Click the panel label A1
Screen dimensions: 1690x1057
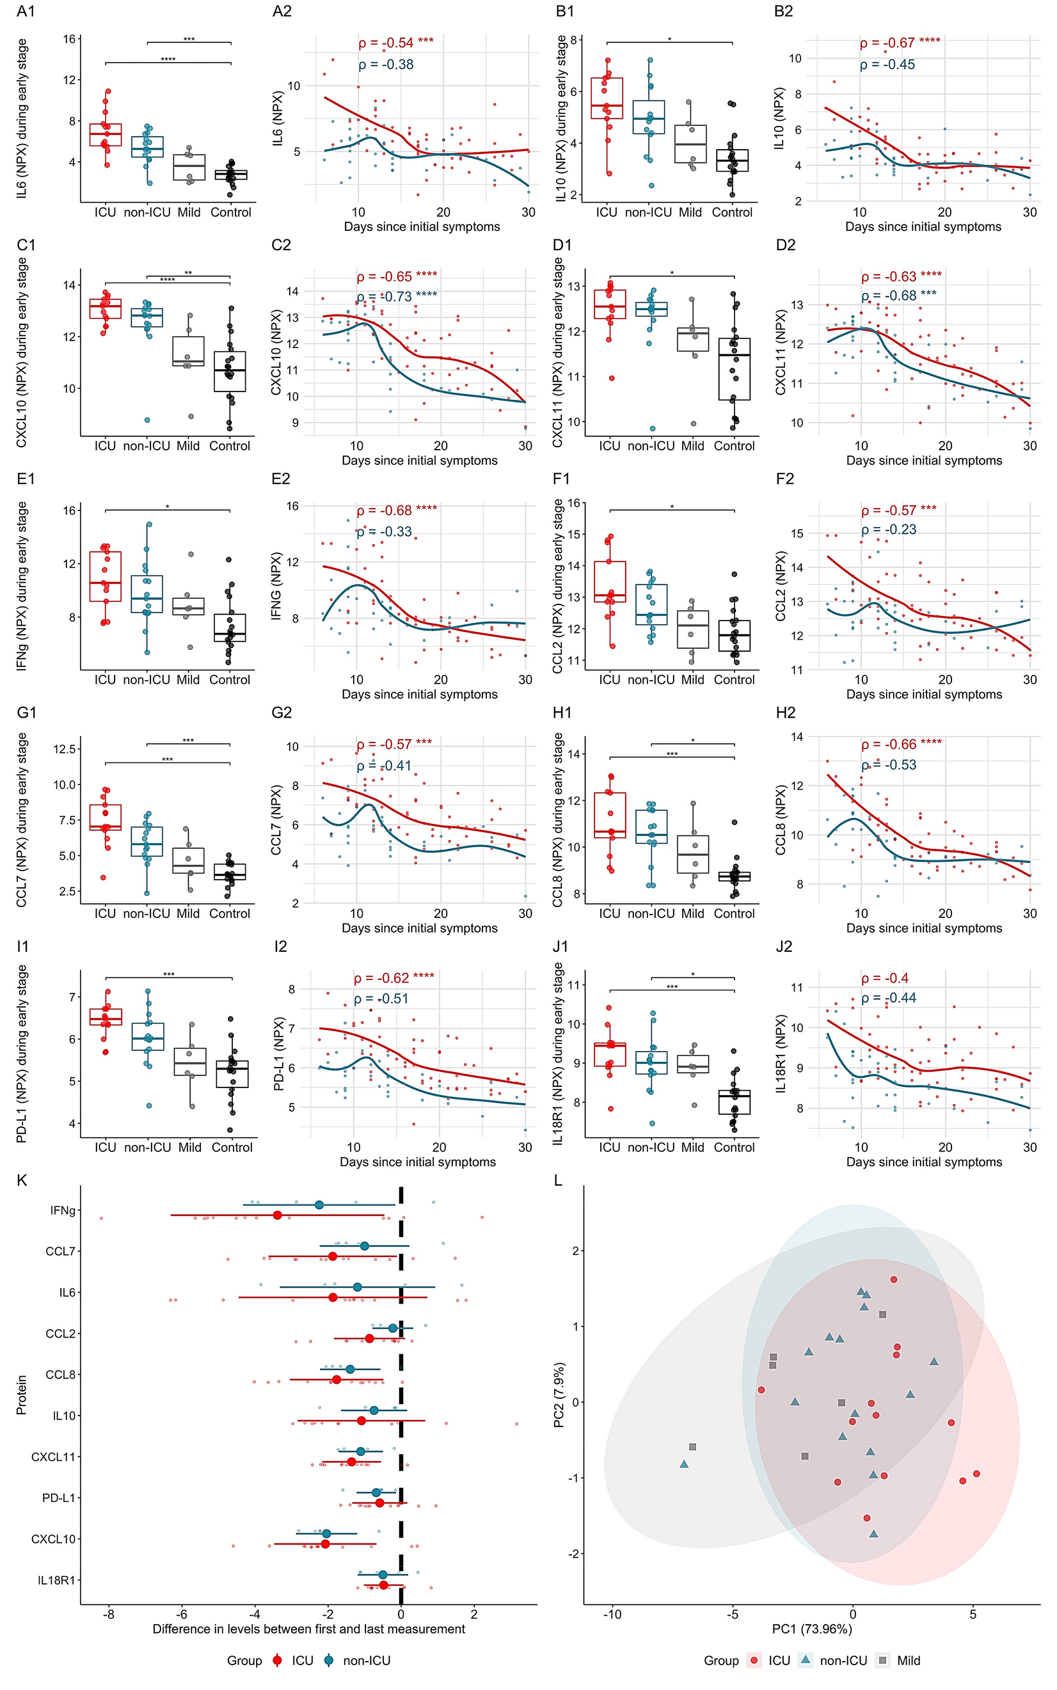click(26, 11)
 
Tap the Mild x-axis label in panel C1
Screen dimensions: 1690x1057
click(188, 446)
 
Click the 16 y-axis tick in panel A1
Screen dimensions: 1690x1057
click(69, 39)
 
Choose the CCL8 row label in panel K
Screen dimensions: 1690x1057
click(60, 1375)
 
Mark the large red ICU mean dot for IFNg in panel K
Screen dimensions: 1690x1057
click(278, 1215)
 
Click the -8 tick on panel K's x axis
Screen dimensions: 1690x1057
click(108, 1615)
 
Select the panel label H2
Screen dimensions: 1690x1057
click(785, 712)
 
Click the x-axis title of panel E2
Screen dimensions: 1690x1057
click(420, 695)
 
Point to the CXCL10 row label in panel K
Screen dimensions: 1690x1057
click(53, 1539)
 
